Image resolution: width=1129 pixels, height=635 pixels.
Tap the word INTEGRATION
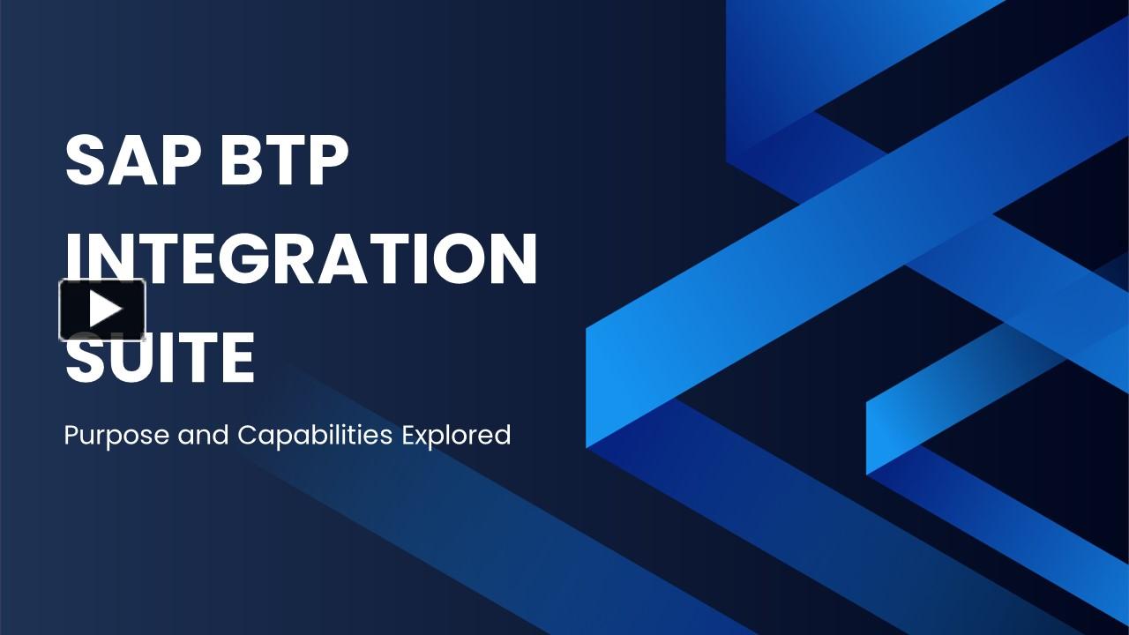[301, 259]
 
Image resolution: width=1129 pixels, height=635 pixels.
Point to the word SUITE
[160, 359]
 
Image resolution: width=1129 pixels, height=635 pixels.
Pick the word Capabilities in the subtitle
[315, 436]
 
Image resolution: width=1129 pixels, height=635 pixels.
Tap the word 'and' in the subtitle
[203, 436]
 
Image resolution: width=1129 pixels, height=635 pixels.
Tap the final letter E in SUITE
[236, 359]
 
